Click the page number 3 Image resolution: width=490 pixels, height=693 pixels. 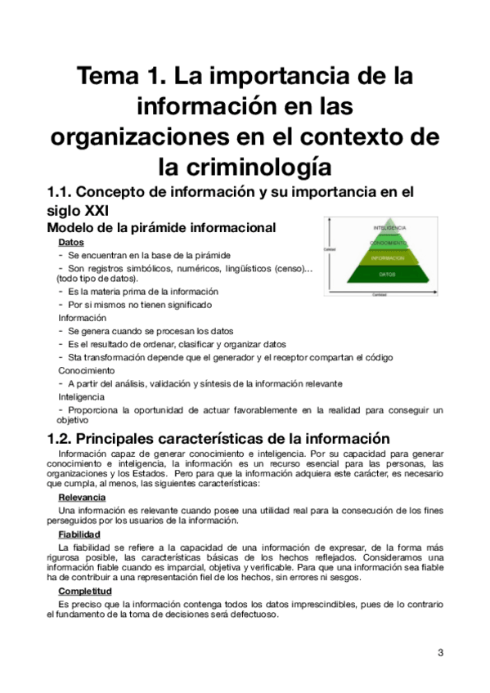pos(440,652)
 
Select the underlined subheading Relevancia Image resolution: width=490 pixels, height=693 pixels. pos(82,497)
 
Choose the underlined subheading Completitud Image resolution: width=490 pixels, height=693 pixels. pos(85,590)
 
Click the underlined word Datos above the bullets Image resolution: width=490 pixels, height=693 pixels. pos(71,243)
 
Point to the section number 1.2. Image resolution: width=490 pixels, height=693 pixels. pos(64,437)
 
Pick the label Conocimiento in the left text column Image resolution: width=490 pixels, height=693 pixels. pos(87,370)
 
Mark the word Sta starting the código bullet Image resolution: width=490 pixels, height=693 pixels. pos(75,357)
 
